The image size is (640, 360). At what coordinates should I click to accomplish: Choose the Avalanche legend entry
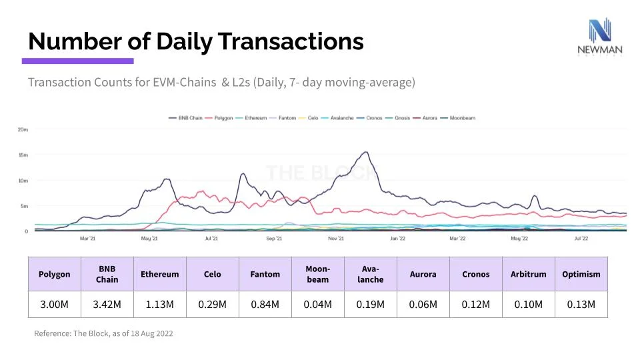[337, 118]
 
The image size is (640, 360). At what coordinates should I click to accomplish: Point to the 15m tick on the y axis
[23, 155]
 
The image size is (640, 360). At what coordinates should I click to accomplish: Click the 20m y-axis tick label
[23, 129]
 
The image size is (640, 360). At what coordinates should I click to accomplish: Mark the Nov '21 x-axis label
[336, 238]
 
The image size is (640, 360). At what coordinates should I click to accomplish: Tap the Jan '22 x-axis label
[398, 238]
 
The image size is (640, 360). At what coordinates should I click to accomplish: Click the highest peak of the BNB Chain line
[366, 152]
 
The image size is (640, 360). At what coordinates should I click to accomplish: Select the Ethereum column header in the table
[159, 274]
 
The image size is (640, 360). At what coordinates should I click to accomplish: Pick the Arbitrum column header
[528, 274]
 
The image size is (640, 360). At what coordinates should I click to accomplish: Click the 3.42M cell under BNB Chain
[107, 304]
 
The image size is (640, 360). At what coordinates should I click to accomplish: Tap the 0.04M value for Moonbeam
[317, 304]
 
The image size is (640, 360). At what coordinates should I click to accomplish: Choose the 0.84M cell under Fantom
[265, 304]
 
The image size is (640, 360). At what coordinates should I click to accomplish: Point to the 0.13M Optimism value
[581, 304]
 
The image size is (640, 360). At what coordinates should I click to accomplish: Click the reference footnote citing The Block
[103, 333]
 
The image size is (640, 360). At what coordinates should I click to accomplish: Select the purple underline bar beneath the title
[77, 61]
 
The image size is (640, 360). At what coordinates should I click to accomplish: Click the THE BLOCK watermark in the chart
[320, 173]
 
